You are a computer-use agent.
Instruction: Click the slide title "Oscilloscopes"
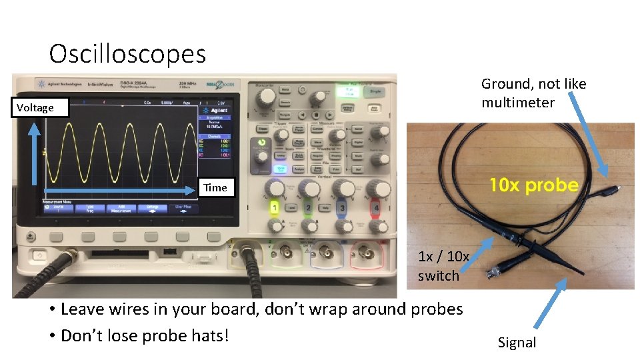tap(127, 53)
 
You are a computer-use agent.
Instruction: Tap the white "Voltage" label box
tap(35, 107)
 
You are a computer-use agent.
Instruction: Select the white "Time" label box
tap(215, 187)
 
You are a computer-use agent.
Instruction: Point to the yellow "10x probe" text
tap(534, 185)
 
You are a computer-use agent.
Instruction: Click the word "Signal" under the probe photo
tap(517, 343)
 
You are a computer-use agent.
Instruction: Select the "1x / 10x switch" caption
tap(443, 265)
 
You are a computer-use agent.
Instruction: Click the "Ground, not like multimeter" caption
tap(533, 93)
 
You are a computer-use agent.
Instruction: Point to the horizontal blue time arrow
tap(120, 191)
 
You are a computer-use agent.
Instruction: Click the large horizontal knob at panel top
tap(266, 97)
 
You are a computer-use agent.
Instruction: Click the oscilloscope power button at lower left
tap(37, 256)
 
